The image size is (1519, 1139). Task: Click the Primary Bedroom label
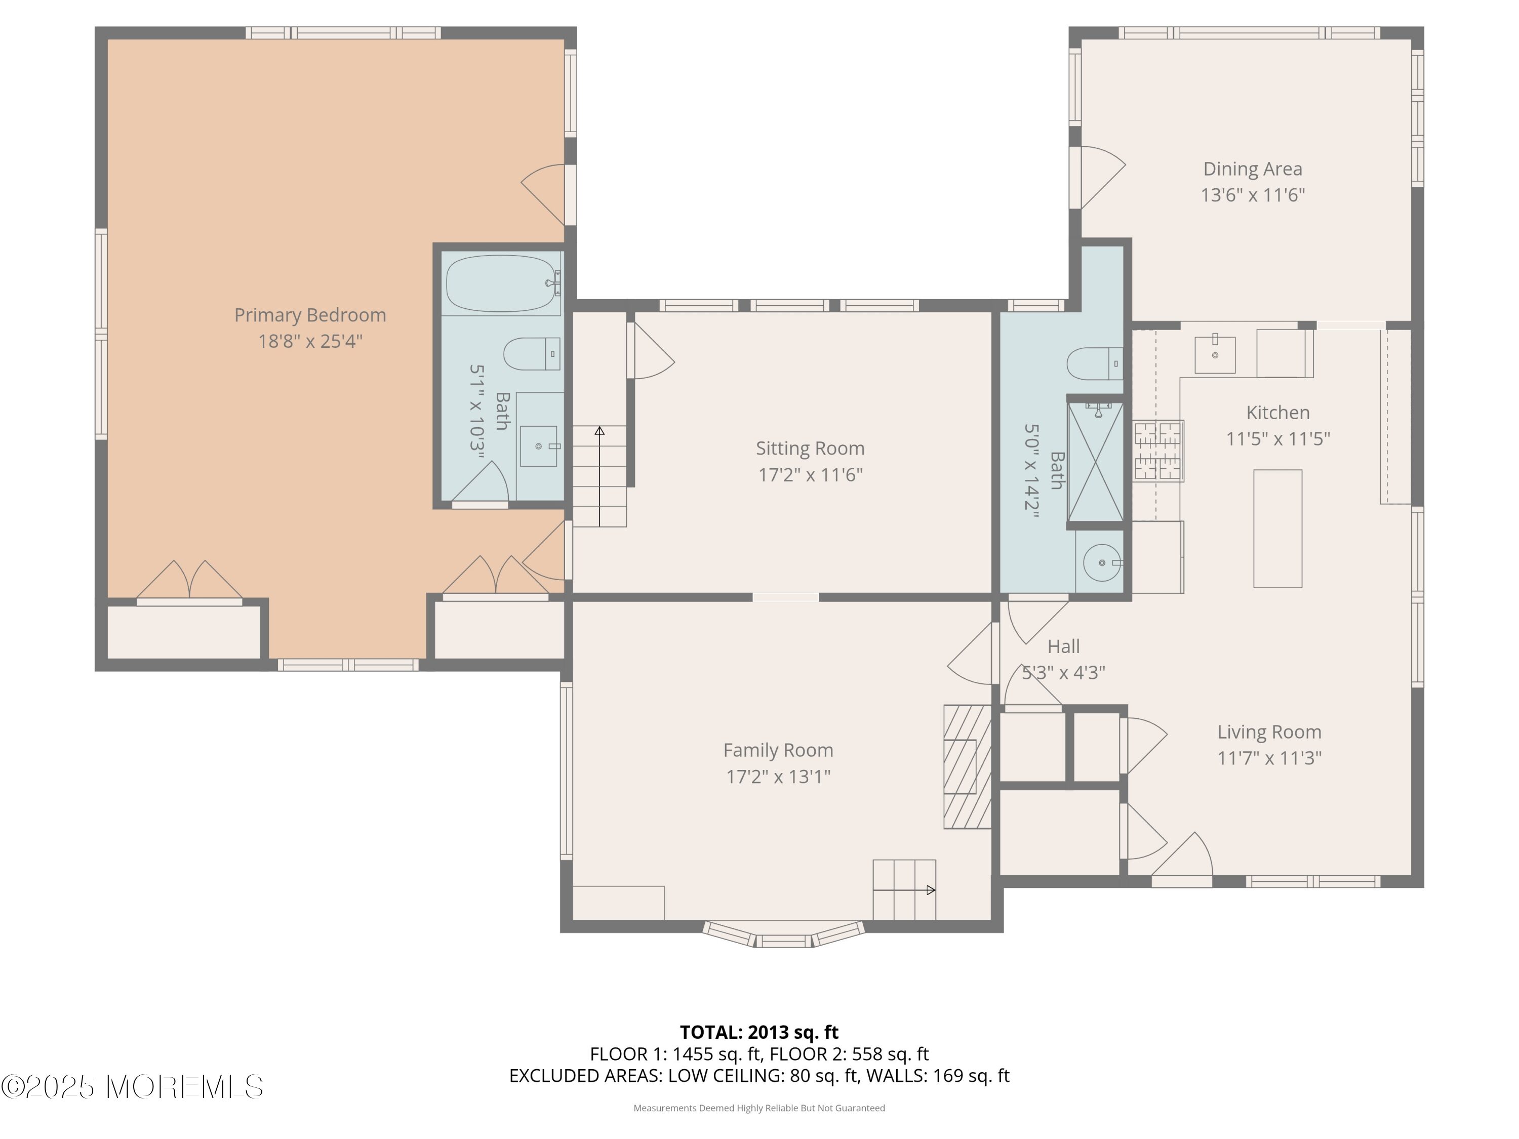click(310, 315)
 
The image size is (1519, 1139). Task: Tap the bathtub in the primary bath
click(503, 283)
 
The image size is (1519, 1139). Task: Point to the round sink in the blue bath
click(1102, 563)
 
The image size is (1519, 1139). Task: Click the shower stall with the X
click(1096, 462)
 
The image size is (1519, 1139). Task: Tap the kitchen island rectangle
click(1277, 528)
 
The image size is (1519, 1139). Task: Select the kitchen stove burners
click(1158, 451)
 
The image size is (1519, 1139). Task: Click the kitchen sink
click(1215, 354)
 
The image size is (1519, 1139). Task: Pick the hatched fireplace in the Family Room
click(968, 766)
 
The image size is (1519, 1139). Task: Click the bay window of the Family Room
click(783, 934)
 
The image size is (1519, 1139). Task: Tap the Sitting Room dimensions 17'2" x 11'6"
click(810, 474)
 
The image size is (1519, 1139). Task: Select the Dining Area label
click(1253, 169)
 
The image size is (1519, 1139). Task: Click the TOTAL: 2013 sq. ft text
click(759, 1032)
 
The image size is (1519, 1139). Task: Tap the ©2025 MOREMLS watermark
click(132, 1087)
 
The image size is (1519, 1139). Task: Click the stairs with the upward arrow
click(599, 476)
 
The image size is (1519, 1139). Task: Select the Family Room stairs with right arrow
click(904, 890)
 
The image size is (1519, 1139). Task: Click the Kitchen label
click(1278, 413)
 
